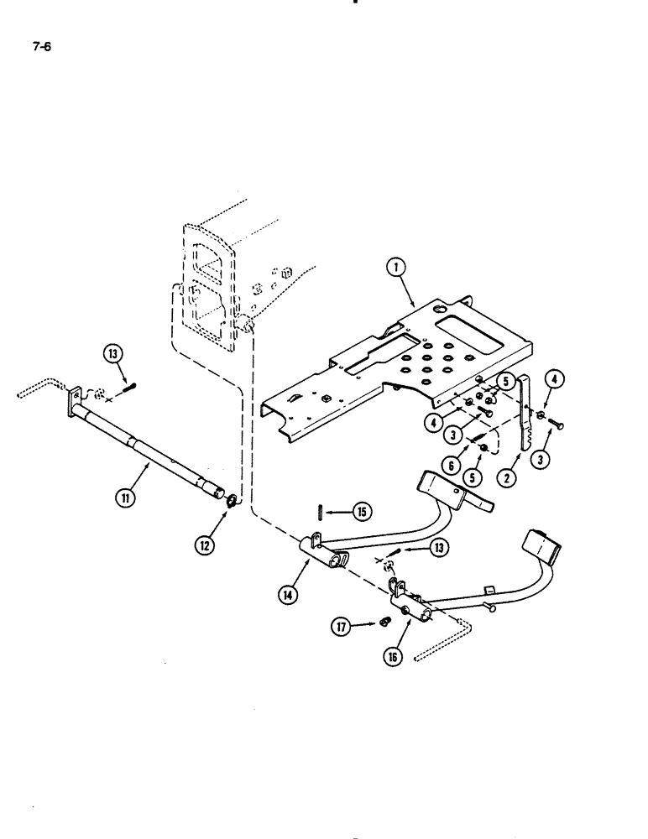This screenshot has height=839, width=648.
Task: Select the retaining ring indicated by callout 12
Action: [x=229, y=503]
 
